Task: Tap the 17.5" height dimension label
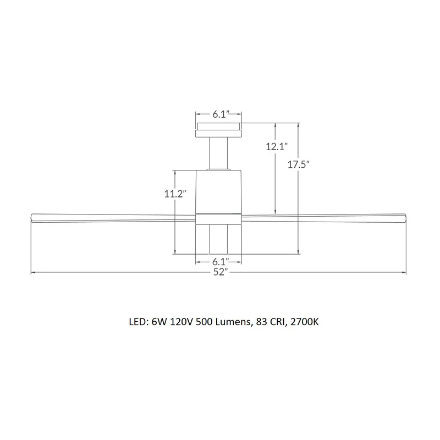(x=298, y=164)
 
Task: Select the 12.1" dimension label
(x=277, y=146)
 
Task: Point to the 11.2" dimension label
(x=175, y=194)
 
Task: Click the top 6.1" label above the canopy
(x=221, y=114)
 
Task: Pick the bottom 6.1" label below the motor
(x=221, y=262)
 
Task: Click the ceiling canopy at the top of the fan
(x=218, y=130)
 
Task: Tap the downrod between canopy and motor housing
(x=218, y=153)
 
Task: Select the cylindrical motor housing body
(x=218, y=191)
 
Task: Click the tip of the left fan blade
(x=31, y=218)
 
